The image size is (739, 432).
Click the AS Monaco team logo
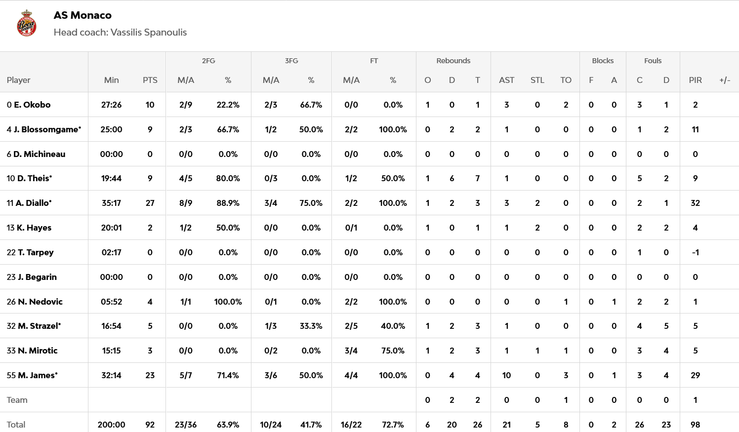coord(27,23)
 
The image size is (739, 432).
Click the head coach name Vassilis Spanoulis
coord(148,33)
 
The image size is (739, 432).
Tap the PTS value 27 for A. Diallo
coord(150,203)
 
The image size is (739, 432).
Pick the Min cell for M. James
coord(111,375)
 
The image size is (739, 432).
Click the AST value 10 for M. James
coord(506,375)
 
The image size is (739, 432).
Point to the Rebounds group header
coord(453,61)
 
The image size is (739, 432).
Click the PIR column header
coord(695,80)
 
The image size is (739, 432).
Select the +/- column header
coord(725,80)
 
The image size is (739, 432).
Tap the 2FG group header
coord(208,61)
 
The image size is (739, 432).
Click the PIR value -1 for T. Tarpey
coord(695,252)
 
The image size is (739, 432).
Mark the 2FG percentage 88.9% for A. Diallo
coord(228,203)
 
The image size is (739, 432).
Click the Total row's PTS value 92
coord(150,425)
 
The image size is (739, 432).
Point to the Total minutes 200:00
coord(111,425)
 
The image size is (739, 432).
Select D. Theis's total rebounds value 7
coord(477,178)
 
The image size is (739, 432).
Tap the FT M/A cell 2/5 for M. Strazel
coord(351,326)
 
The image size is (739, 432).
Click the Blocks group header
coord(603,61)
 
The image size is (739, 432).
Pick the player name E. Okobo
coord(32,105)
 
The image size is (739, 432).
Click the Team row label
coord(17,400)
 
